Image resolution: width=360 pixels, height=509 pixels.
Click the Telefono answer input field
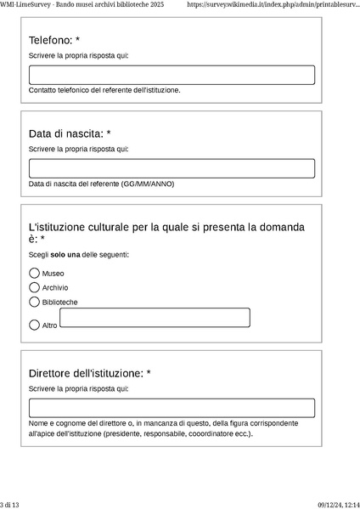coord(172,75)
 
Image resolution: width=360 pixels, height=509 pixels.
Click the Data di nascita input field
coord(172,168)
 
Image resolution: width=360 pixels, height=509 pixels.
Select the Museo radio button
coord(35,274)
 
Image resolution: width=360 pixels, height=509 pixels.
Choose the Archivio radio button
coord(35,287)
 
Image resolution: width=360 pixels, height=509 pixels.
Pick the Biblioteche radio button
coord(35,302)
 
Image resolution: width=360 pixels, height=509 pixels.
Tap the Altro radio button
coord(35,325)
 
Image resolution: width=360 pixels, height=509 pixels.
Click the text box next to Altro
coord(155,318)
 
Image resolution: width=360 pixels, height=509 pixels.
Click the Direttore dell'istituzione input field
coord(172,408)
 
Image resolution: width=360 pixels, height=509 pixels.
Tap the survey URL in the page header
coord(278,5)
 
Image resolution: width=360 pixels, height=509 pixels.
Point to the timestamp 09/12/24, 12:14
coord(339,504)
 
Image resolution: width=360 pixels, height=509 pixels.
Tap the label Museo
coord(53,274)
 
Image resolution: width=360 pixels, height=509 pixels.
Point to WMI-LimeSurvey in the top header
coord(25,5)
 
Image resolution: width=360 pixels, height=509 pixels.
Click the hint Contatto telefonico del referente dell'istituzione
coord(104,90)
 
